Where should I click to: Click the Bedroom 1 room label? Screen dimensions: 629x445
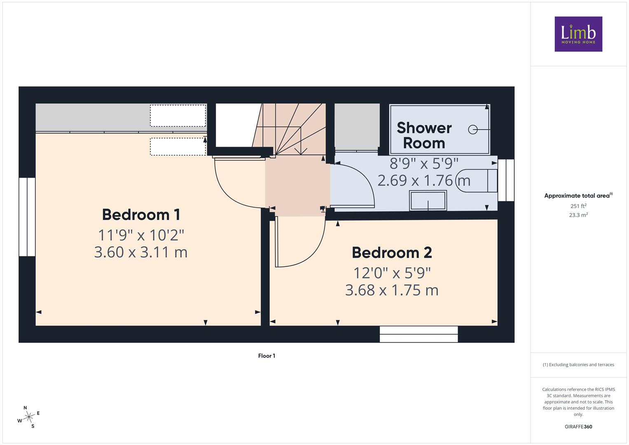tap(141, 215)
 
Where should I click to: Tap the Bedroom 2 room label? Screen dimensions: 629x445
tap(392, 253)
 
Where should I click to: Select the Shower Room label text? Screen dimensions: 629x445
tap(424, 136)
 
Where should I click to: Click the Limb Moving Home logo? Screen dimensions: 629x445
tap(578, 34)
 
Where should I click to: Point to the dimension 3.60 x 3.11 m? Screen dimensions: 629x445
tap(141, 252)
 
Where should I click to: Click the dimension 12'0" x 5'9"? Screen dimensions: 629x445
tap(392, 273)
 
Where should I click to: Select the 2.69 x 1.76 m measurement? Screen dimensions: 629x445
tap(424, 180)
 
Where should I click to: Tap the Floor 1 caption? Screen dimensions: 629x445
tap(267, 356)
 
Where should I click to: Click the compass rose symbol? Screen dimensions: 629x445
tap(28, 417)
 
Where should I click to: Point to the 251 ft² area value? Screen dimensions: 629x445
tap(578, 206)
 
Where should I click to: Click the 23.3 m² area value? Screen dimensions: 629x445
tap(578, 215)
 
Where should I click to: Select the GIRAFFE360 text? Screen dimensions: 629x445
tap(578, 426)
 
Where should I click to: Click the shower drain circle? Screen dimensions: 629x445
tap(473, 129)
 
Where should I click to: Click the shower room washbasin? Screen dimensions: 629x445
tap(428, 200)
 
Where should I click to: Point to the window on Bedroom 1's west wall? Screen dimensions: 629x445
tap(27, 217)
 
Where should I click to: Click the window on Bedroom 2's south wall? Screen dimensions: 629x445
tap(419, 334)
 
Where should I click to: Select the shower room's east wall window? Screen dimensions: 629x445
tap(506, 180)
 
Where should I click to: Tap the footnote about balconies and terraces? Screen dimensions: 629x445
tap(578, 365)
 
